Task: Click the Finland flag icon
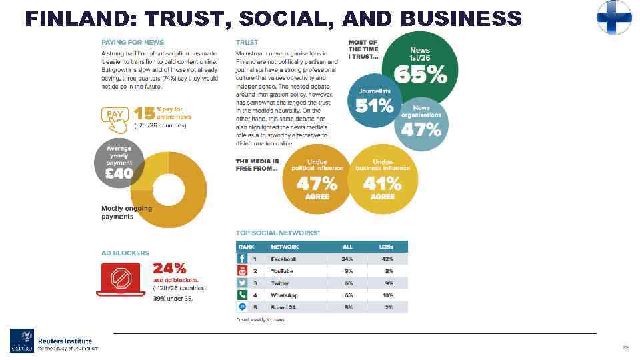(x=614, y=17)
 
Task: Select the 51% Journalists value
(x=375, y=105)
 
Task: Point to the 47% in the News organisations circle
(x=421, y=129)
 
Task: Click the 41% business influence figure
(x=383, y=183)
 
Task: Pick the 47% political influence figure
(x=317, y=183)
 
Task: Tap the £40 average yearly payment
(x=119, y=174)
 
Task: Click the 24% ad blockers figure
(x=170, y=268)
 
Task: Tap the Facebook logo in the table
(x=243, y=259)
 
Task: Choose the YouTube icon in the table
(x=243, y=271)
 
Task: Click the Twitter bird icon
(x=243, y=283)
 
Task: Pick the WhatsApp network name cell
(x=284, y=295)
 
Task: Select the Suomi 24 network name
(x=283, y=307)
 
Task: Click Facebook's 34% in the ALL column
(x=347, y=259)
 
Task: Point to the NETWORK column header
(x=285, y=247)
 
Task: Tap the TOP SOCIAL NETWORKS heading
(x=277, y=232)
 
